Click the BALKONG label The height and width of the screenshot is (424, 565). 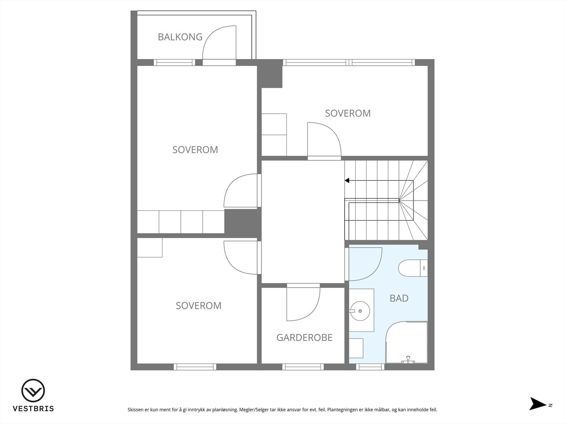pyautogui.click(x=180, y=37)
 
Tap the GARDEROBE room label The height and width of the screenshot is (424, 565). pyautogui.click(x=304, y=337)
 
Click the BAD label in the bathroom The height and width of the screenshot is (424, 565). pyautogui.click(x=399, y=298)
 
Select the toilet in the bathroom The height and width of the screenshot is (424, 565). pyautogui.click(x=413, y=268)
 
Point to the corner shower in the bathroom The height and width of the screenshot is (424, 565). pyautogui.click(x=406, y=343)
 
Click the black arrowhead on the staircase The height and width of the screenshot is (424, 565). pyautogui.click(x=347, y=181)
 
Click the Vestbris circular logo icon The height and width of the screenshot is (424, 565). pyautogui.click(x=33, y=390)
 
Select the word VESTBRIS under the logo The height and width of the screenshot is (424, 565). pyautogui.click(x=33, y=408)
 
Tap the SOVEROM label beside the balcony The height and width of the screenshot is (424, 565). pyautogui.click(x=195, y=150)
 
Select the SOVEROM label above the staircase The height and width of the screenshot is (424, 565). pyautogui.click(x=348, y=113)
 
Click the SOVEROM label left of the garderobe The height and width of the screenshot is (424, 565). pyautogui.click(x=198, y=306)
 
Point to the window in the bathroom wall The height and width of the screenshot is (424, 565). pyautogui.click(x=370, y=367)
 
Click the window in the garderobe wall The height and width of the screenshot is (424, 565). pyautogui.click(x=303, y=367)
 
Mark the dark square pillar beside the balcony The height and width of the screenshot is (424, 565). pyautogui.click(x=269, y=73)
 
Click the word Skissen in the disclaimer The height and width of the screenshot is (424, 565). pyautogui.click(x=135, y=410)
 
